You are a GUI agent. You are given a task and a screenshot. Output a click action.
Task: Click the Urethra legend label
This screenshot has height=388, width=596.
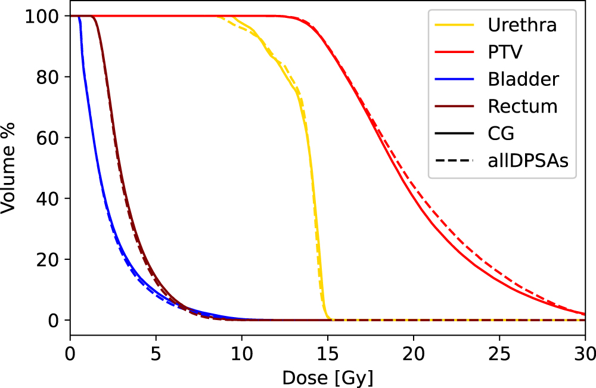[523, 25]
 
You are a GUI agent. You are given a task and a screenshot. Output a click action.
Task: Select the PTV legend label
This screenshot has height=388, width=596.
[505, 52]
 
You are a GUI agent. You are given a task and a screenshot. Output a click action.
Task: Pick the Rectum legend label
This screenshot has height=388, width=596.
[523, 106]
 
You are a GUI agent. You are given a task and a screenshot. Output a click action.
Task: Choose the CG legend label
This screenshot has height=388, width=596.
[501, 133]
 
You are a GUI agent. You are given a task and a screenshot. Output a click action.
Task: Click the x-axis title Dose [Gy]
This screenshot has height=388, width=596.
[328, 377]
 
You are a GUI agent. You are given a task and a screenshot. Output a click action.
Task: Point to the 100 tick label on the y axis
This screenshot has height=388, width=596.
[42, 16]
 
